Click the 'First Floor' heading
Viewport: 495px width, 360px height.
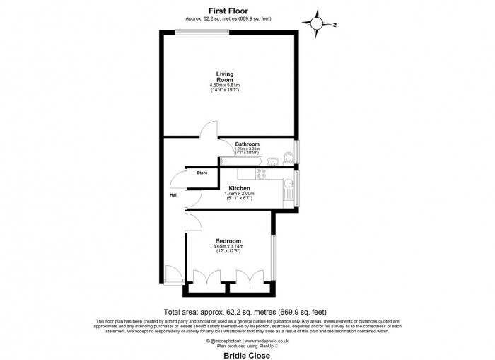[x=226, y=11]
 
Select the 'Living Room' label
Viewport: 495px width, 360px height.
[x=226, y=77]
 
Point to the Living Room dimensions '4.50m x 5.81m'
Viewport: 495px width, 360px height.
[x=226, y=86]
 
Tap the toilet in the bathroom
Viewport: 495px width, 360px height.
[x=287, y=158]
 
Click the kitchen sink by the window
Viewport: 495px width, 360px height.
[x=289, y=188]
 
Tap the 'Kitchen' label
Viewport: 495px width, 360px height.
[x=240, y=188]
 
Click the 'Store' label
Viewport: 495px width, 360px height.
[x=202, y=173]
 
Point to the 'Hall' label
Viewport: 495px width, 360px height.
[x=173, y=196]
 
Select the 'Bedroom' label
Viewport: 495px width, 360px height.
[x=228, y=240]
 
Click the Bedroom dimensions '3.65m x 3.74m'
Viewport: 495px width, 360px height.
[x=228, y=247]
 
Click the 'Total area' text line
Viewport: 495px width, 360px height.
[x=245, y=312]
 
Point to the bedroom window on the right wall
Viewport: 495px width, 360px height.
[x=273, y=251]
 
